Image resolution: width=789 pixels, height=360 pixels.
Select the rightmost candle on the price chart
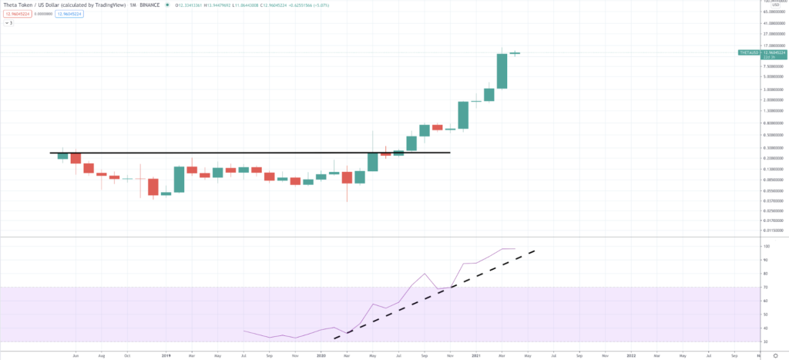pos(515,53)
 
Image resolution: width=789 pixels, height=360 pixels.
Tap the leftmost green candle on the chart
pos(63,155)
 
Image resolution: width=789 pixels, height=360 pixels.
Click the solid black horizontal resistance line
pos(231,153)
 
